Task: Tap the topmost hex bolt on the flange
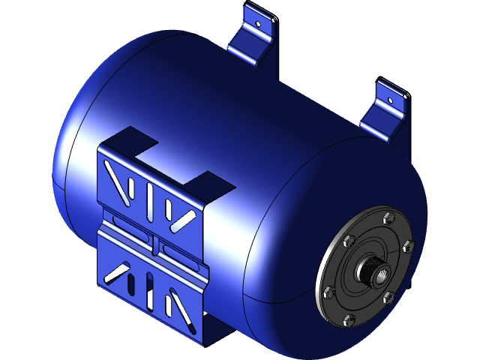tap(387, 218)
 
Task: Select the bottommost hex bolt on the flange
tap(347, 320)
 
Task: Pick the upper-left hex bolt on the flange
tap(348, 241)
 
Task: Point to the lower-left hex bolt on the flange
tap(328, 292)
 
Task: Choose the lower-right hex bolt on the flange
tap(388, 298)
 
